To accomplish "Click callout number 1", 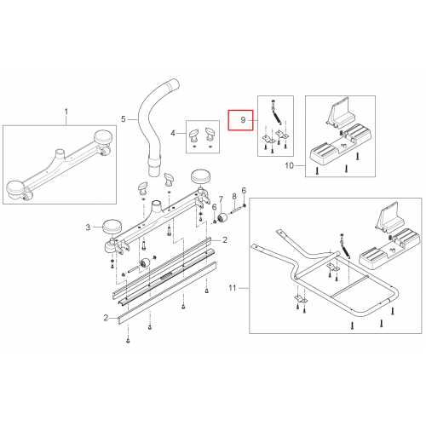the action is point(66,112).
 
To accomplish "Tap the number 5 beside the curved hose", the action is point(124,118).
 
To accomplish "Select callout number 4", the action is point(173,133).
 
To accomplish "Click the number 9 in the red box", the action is point(243,120).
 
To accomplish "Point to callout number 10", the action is point(289,165).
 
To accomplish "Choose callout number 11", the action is point(233,288).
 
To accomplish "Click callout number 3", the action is point(88,227).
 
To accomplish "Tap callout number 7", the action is point(221,200).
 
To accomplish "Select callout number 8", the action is point(234,197).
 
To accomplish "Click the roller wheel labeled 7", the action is point(222,218).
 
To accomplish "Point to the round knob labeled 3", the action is point(112,227).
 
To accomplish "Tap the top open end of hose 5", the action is point(173,84).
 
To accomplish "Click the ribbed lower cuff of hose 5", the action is point(154,167).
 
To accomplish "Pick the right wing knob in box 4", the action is point(210,135).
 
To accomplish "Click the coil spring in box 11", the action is point(346,249).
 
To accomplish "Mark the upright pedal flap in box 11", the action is point(390,216).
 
